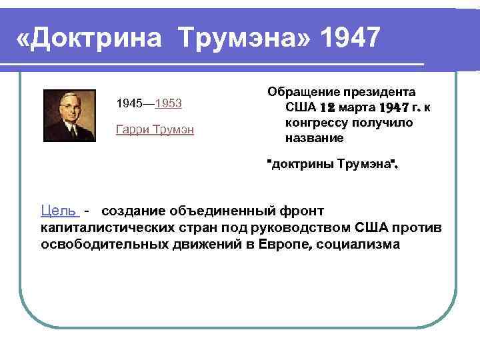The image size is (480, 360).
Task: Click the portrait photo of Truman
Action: [x=67, y=114]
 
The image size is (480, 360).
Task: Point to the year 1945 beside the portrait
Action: [x=129, y=104]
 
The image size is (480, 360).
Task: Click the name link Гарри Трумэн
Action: [x=155, y=129]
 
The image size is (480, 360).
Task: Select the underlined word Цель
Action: [x=59, y=211]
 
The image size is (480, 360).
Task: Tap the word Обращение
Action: [x=304, y=91]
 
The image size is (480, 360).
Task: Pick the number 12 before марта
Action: [x=327, y=107]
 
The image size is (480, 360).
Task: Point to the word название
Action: [x=314, y=139]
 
